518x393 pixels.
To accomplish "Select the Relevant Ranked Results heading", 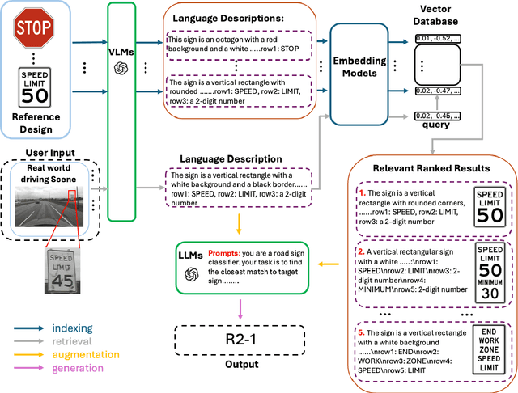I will pos(431,167).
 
